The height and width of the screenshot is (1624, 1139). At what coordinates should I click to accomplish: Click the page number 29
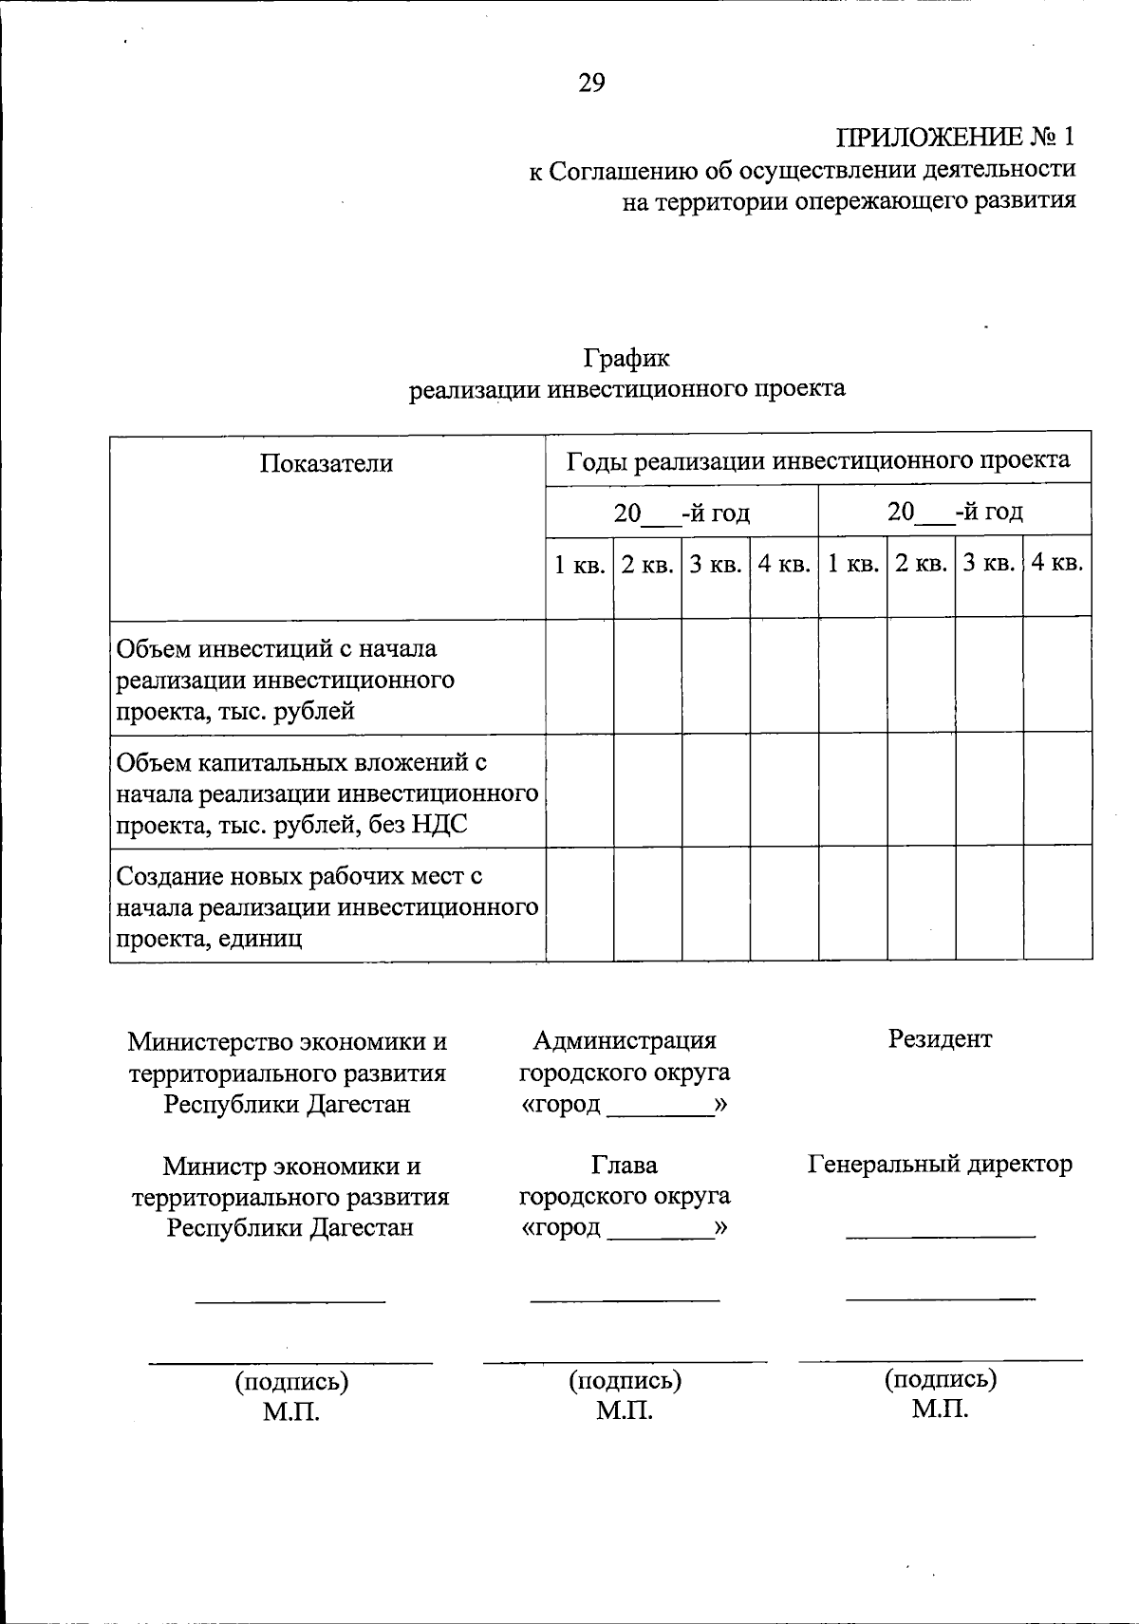(591, 84)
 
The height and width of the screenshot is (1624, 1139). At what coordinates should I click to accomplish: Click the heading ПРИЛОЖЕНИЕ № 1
(956, 137)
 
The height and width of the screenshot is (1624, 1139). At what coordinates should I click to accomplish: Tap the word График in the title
(626, 358)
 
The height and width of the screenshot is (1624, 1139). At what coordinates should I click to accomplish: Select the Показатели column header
(327, 463)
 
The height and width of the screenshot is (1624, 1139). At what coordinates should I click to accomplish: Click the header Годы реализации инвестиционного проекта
(818, 460)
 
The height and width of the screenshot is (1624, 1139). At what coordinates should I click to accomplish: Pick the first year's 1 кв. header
(579, 565)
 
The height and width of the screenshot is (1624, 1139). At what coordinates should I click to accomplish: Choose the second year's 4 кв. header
(1056, 563)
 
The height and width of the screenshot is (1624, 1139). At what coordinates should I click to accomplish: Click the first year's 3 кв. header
(715, 565)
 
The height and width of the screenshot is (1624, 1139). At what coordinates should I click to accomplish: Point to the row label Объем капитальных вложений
(301, 762)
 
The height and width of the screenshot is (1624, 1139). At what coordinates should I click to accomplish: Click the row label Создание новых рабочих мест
(299, 876)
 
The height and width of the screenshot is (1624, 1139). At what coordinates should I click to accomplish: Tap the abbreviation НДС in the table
(439, 825)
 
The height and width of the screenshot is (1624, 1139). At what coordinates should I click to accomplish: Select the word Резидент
(940, 1038)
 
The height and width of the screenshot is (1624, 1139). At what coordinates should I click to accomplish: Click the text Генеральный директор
(940, 1164)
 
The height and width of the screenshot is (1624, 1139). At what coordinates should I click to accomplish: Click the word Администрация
(625, 1040)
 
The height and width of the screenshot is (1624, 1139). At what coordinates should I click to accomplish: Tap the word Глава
(624, 1165)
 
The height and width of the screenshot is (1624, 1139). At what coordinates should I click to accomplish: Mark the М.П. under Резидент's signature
(940, 1409)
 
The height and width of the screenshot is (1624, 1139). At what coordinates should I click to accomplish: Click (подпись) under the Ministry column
(291, 1382)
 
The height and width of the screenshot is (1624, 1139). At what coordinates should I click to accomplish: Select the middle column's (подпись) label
(625, 1381)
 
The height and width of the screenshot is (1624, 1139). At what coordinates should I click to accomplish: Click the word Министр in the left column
(214, 1166)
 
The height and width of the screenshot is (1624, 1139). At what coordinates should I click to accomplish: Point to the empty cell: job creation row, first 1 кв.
(579, 904)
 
